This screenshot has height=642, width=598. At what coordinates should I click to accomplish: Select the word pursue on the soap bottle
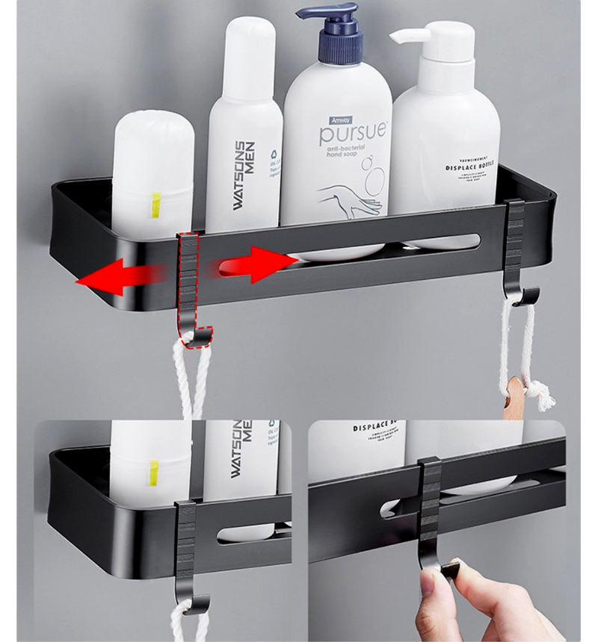pyautogui.click(x=354, y=134)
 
